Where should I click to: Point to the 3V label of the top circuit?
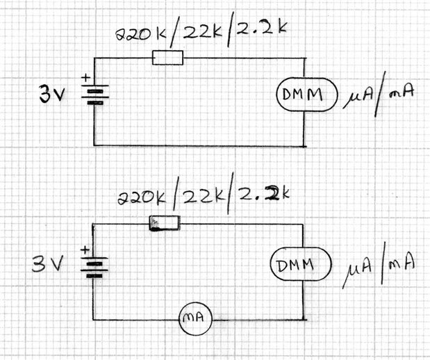52,94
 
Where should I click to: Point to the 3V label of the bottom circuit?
48,263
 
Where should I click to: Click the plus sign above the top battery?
86,78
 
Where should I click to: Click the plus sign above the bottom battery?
85,250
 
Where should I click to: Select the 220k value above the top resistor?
141,34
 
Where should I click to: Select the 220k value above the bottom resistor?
142,197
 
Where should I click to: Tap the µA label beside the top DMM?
357,98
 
